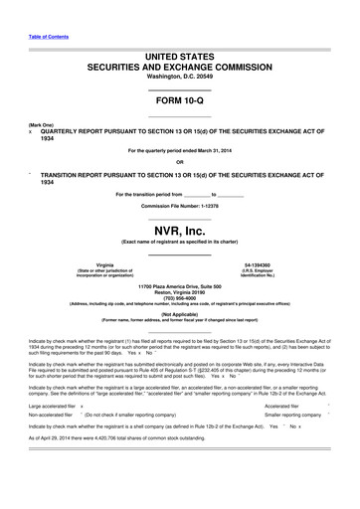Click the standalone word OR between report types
[179, 162]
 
